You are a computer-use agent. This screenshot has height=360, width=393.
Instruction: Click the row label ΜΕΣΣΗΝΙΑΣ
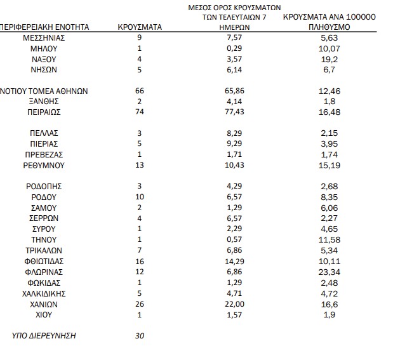[x=44, y=38]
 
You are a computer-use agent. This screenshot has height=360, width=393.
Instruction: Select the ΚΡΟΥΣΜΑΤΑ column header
[x=140, y=27]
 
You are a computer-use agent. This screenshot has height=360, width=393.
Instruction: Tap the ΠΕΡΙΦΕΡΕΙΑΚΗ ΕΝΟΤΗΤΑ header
[x=44, y=27]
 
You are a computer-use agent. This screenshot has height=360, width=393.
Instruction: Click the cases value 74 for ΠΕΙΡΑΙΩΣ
[x=140, y=112]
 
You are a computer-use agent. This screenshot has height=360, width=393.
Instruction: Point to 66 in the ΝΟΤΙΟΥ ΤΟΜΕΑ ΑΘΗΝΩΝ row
[x=140, y=91]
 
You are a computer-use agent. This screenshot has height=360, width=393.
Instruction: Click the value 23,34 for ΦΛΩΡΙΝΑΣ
[x=330, y=272]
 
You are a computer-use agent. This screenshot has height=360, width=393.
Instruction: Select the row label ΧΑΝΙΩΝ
[x=44, y=304]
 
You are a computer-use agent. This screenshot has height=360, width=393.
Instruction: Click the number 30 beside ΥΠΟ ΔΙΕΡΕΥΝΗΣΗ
[x=140, y=336]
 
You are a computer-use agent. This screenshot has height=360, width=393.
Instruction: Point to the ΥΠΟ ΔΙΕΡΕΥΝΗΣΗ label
[x=44, y=336]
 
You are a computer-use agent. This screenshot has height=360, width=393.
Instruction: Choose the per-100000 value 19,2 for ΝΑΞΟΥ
[x=330, y=59]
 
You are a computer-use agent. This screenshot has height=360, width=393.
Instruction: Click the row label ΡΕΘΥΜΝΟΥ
[x=44, y=165]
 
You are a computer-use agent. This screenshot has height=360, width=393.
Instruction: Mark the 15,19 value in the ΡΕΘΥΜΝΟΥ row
[x=330, y=165]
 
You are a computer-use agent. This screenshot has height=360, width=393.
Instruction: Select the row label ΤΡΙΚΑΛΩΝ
[x=44, y=250]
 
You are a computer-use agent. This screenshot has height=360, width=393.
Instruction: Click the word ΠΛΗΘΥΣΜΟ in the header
[x=330, y=28]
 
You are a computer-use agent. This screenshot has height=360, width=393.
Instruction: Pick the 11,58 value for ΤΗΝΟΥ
[x=330, y=240]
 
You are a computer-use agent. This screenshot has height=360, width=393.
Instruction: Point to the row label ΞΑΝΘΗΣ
[x=44, y=102]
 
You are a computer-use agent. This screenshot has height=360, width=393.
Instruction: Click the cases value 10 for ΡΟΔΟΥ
[x=140, y=197]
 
